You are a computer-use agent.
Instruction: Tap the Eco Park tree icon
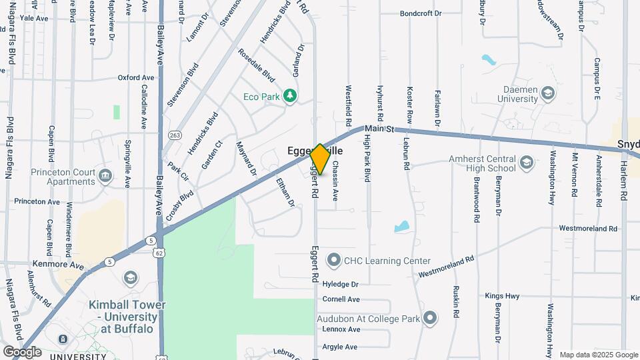pyautogui.click(x=290, y=97)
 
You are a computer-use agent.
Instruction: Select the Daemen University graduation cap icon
pyautogui.click(x=548, y=93)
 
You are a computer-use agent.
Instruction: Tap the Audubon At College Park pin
pyautogui.click(x=430, y=318)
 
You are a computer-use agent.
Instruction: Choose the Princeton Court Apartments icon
pyautogui.click(x=105, y=177)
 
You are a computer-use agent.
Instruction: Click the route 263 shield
pyautogui.click(x=175, y=135)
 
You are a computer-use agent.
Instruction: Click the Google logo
pyautogui.click(x=22, y=351)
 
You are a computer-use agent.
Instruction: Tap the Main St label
pyautogui.click(x=381, y=127)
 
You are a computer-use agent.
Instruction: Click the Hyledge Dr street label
pyautogui.click(x=340, y=283)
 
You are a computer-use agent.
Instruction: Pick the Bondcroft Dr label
pyautogui.click(x=420, y=13)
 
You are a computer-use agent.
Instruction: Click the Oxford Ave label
pyautogui.click(x=136, y=78)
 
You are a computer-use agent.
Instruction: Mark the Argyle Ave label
pyautogui.click(x=340, y=347)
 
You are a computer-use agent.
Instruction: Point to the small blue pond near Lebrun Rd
pyautogui.click(x=401, y=227)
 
